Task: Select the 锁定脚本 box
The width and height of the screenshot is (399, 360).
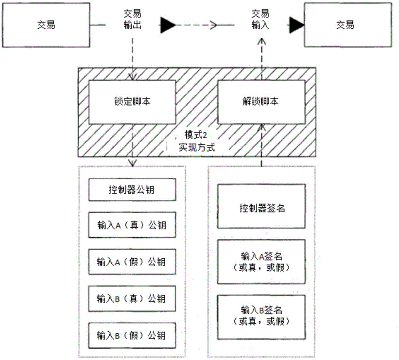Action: [132, 102]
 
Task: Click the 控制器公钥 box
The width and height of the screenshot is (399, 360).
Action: [132, 190]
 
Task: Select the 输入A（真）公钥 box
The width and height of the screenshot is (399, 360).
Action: [132, 226]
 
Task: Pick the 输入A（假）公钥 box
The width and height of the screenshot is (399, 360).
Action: [132, 262]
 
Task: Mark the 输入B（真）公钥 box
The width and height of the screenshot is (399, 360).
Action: [132, 299]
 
